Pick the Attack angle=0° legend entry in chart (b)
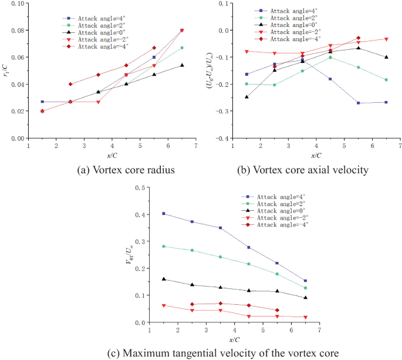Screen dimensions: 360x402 pos(288,25)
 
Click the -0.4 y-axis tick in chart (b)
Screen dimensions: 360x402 pos(222,139)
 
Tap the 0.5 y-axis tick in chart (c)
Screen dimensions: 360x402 pos(140,188)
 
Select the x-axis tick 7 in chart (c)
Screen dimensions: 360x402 pos(319,331)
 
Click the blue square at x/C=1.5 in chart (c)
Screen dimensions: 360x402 pos(164,214)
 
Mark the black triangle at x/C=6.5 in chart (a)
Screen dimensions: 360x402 pos(182,65)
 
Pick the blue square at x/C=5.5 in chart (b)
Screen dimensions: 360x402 pos(359,103)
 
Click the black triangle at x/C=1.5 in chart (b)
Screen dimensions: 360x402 pos(246,97)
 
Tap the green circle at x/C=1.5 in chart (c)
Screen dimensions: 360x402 pos(164,247)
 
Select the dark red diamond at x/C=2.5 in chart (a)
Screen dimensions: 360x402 pos(70,84)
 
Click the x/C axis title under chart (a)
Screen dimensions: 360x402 pos(112,154)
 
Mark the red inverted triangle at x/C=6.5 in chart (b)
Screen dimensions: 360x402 pos(386,39)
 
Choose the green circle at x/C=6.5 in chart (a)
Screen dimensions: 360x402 pos(182,48)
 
